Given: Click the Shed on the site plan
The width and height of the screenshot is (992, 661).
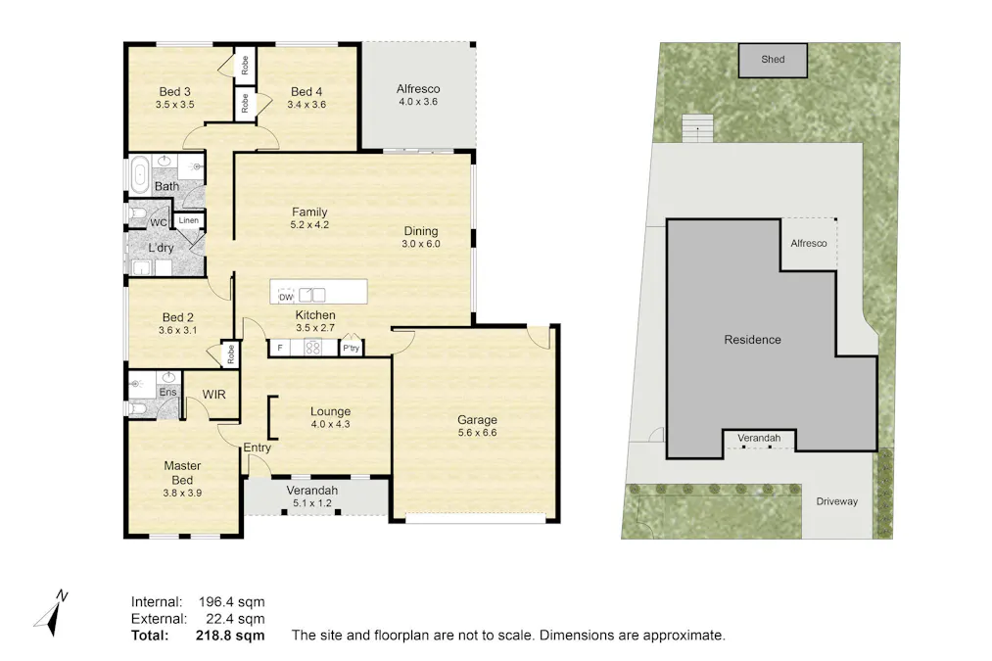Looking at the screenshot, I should [x=773, y=60].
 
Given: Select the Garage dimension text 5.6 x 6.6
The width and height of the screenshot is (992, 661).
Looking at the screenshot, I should [x=477, y=432].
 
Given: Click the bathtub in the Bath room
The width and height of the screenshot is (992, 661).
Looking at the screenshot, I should [x=138, y=173].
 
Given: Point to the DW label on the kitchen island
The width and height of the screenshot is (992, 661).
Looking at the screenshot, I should [x=287, y=297].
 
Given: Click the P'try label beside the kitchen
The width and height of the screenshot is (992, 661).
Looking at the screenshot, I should [x=351, y=348].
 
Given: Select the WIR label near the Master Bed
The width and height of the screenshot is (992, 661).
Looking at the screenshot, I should [x=214, y=394].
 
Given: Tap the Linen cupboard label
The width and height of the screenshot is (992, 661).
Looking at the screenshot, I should [x=189, y=221].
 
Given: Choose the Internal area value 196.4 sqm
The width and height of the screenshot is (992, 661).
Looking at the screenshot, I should [x=227, y=601].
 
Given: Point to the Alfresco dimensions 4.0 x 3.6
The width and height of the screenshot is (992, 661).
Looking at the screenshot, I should [x=418, y=101].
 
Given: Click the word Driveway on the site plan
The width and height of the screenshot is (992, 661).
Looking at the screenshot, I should [x=836, y=501].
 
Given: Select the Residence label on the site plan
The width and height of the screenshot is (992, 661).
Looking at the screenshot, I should [x=752, y=340].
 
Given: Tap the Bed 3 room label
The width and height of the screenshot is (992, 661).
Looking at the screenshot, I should [x=173, y=92].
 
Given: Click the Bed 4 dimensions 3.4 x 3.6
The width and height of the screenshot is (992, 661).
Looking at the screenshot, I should [x=306, y=105].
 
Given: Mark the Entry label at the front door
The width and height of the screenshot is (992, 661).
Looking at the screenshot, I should [x=257, y=448].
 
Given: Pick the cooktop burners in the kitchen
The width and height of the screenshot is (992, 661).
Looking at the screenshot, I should [x=314, y=347].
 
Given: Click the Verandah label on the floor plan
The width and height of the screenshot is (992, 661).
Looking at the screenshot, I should [x=311, y=490].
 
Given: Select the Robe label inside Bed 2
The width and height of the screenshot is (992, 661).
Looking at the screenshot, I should [x=230, y=355].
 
